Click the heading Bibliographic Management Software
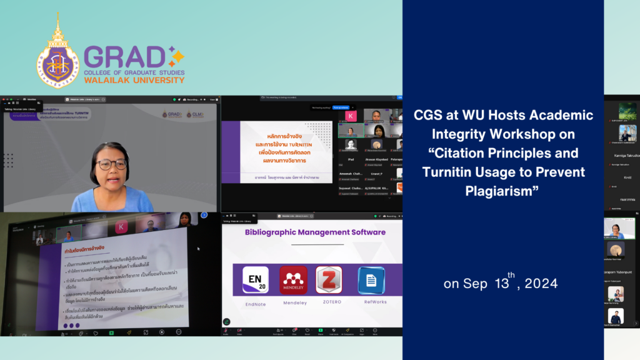[x=315, y=232]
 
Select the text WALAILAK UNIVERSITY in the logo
[x=134, y=80]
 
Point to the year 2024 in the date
[x=541, y=283]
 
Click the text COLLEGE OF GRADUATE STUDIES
[x=134, y=72]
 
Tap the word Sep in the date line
[x=475, y=284]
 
